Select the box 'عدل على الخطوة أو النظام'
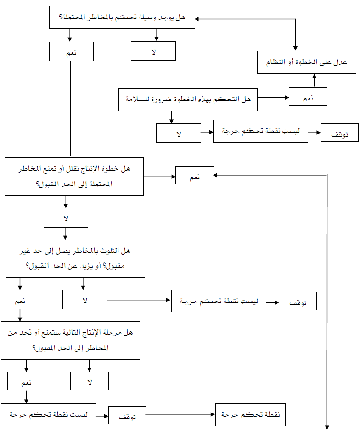307,62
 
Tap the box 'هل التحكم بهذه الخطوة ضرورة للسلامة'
188,100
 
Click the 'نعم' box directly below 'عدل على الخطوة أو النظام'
308,97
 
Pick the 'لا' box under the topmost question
153,51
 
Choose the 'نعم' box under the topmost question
71,52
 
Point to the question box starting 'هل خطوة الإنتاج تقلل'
74,177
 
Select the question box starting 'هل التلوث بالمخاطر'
75,258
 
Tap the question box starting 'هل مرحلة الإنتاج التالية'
70,340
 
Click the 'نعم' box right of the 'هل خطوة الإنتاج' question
195,175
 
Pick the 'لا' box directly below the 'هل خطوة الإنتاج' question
66,217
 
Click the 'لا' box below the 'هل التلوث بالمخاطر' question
84,299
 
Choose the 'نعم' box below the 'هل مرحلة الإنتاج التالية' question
27,380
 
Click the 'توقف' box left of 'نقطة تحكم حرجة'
127,416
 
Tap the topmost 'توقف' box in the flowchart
339,133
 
